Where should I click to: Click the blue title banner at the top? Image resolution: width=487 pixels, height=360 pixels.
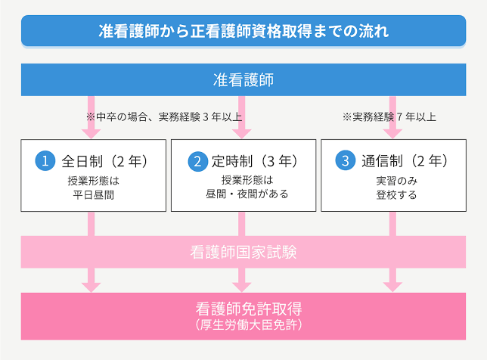[243, 31]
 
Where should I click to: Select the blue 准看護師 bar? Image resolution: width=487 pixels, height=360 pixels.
[243, 79]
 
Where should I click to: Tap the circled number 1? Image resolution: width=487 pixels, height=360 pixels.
[45, 161]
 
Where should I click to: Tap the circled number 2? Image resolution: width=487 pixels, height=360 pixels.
[198, 161]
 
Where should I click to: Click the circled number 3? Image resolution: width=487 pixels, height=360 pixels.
[346, 160]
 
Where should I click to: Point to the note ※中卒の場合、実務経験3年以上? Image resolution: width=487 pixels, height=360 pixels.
[164, 117]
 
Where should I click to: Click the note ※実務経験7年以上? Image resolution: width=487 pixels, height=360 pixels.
[389, 117]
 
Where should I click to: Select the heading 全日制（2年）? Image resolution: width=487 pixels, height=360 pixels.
[104, 161]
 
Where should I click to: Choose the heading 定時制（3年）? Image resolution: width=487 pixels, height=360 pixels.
[255, 161]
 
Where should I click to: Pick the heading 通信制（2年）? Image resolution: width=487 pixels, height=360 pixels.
[405, 161]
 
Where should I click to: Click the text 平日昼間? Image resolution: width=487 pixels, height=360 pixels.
[94, 195]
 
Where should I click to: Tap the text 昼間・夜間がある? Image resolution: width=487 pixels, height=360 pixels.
[247, 194]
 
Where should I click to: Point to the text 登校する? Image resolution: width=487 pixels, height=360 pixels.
[396, 195]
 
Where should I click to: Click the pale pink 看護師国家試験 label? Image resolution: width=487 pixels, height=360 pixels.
[243, 252]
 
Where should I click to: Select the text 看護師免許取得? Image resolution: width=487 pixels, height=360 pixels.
[249, 309]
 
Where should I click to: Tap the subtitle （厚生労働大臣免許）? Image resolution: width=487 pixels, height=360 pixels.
[249, 325]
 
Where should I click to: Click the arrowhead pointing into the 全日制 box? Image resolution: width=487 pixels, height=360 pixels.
[91, 134]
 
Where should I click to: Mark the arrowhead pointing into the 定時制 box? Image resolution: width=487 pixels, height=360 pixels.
[242, 134]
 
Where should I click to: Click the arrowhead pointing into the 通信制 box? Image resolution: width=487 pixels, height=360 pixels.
[392, 134]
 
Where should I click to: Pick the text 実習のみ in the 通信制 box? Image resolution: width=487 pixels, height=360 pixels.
[396, 181]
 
